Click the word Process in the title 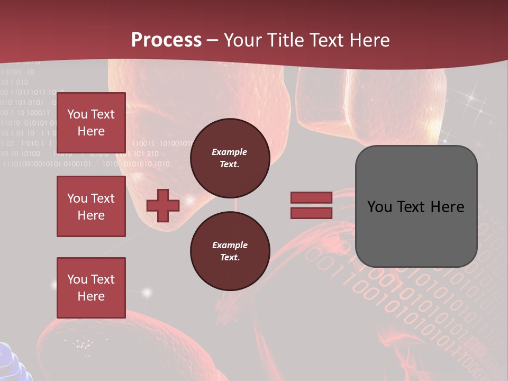[166, 40]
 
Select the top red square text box [91, 123]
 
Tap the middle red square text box [91, 206]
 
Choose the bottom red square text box [91, 288]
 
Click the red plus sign [163, 205]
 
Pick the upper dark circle [230, 158]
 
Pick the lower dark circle [230, 251]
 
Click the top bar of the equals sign [311, 198]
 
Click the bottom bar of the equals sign [311, 213]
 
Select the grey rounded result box [416, 206]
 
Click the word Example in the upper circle [230, 152]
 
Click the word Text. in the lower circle [230, 258]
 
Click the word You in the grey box [379, 207]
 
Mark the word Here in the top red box [91, 131]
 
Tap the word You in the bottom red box [77, 279]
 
